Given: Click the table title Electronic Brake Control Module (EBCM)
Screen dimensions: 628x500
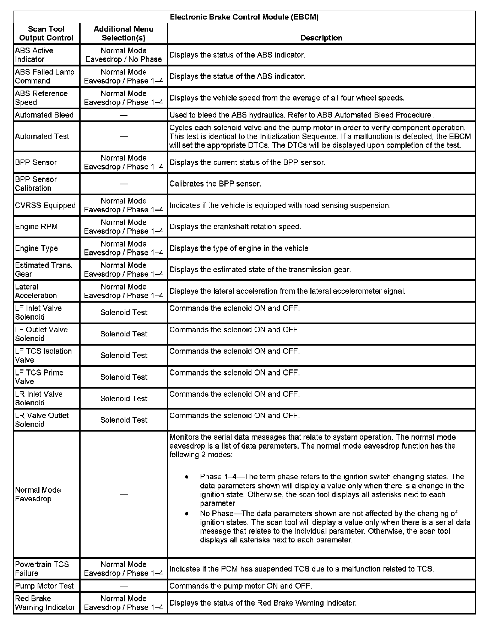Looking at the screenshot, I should [x=244, y=17].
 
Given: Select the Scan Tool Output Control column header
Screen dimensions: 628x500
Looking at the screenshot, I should [x=46, y=33].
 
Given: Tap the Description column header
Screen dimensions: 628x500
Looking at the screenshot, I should [x=321, y=38].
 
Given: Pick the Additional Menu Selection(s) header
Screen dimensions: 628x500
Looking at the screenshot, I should [x=123, y=33].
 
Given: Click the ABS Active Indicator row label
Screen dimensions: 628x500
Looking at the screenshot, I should [x=34, y=55].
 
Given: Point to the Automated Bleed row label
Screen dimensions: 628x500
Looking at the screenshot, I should [x=44, y=115].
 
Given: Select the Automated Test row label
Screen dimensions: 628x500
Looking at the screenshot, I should [x=42, y=136].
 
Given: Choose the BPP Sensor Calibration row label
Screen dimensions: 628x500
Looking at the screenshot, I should [x=36, y=184].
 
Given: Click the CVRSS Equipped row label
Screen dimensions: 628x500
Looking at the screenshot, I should [x=45, y=205].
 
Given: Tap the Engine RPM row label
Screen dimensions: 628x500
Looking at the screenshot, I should [x=36, y=227].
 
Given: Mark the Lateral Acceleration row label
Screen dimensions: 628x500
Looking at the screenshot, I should [x=36, y=291].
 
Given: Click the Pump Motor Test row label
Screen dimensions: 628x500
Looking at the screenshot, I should [x=44, y=586].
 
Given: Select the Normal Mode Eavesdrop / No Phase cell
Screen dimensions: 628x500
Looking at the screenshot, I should [x=123, y=55].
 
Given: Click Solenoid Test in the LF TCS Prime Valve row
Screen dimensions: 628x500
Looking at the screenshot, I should [x=124, y=377].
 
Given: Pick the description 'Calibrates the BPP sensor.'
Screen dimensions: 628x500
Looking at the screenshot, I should [x=215, y=184].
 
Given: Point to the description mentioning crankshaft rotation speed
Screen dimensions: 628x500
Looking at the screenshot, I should [x=235, y=227].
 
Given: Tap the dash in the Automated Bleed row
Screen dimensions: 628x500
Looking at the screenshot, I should [x=124, y=115].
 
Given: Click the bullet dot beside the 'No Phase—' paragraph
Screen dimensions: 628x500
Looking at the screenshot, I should [x=186, y=513].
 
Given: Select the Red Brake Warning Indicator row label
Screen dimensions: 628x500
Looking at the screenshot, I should [x=45, y=603].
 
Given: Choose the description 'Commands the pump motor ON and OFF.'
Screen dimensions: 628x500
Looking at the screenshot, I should [x=241, y=586].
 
